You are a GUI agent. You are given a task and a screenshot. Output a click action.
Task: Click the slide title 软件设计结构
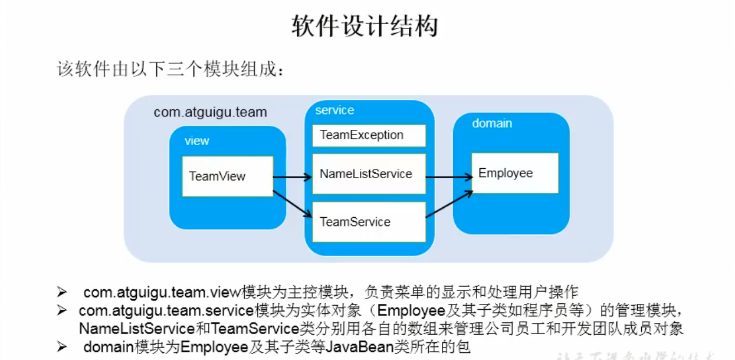coord(365,27)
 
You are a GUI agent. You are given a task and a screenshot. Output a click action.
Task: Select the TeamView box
coord(227,176)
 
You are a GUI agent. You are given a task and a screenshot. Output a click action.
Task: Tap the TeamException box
coord(369,135)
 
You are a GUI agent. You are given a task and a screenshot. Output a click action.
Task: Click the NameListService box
coord(369,174)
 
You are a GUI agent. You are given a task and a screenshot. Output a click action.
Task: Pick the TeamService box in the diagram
coord(369,222)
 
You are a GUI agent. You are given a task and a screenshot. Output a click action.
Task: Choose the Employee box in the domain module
coord(514,173)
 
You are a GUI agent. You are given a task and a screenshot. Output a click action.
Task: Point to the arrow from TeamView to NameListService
coord(293,176)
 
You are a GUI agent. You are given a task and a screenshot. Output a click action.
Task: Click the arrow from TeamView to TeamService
coord(293,204)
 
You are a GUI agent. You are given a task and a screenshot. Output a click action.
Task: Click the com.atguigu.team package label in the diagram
coord(210,112)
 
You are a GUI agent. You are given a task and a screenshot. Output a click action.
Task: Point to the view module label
coord(197,141)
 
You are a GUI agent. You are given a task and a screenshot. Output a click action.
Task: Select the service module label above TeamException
coord(334,110)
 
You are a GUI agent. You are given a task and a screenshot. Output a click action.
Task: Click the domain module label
coord(492,123)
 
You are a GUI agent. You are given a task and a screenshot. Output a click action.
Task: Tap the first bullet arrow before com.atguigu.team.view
coord(61,292)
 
